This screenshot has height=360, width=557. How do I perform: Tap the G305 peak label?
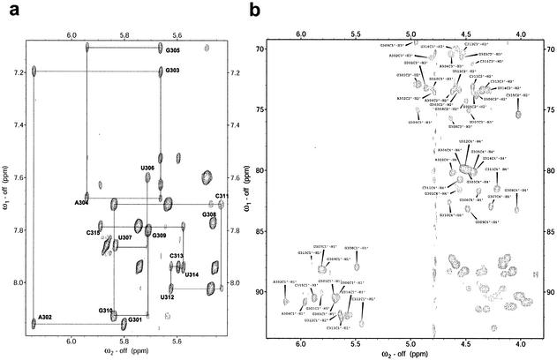pyautogui.click(x=172, y=49)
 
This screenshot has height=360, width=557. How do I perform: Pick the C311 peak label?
pyautogui.click(x=222, y=195)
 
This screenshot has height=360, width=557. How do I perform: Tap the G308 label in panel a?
pyautogui.click(x=209, y=214)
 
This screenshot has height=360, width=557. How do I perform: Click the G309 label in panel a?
pyautogui.click(x=159, y=236)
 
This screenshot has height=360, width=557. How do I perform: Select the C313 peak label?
pyautogui.click(x=177, y=256)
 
